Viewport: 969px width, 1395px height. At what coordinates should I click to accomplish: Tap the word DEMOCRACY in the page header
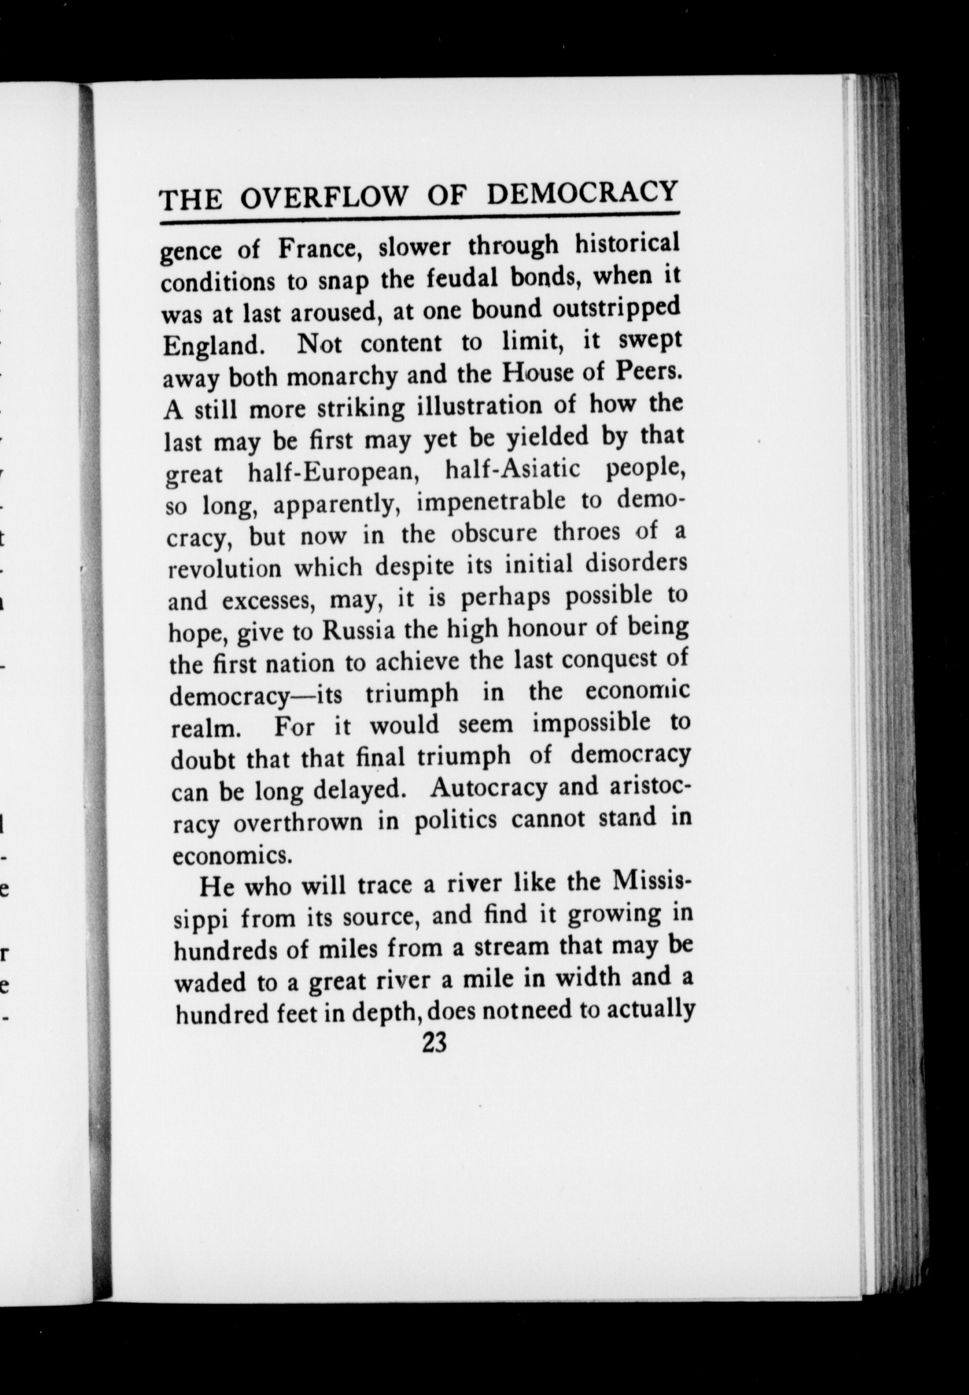point(582,192)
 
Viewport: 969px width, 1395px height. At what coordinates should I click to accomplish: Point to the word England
point(213,347)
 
